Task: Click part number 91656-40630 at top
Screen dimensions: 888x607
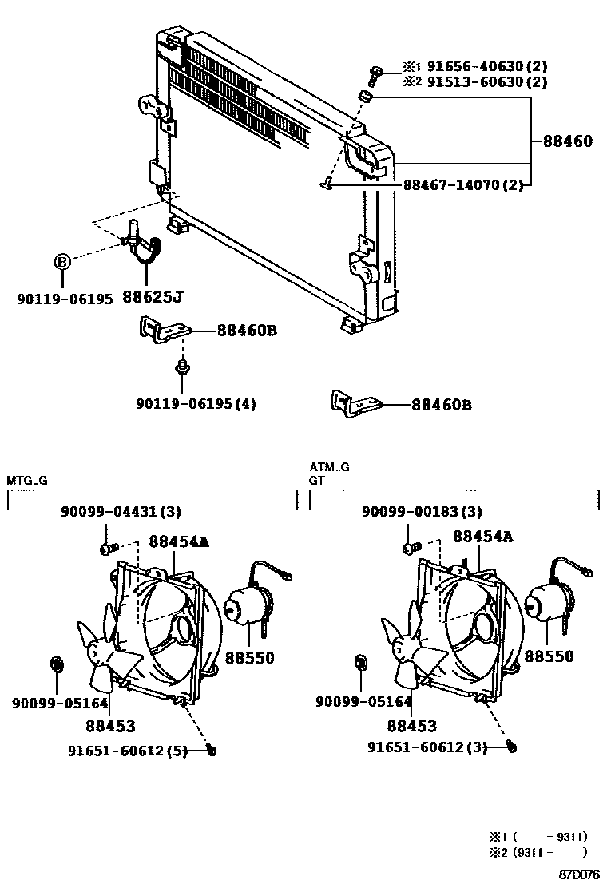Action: pyautogui.click(x=460, y=67)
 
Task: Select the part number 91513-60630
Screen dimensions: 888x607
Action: pyautogui.click(x=460, y=82)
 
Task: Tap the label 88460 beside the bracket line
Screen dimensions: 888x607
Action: pyautogui.click(x=568, y=141)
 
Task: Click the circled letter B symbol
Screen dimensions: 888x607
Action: pyautogui.click(x=62, y=261)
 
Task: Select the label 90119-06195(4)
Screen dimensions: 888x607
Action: pyautogui.click(x=196, y=404)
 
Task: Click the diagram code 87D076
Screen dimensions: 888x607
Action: pyautogui.click(x=580, y=876)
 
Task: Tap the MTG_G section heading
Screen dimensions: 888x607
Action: pyautogui.click(x=28, y=480)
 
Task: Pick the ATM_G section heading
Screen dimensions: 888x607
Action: pyautogui.click(x=330, y=467)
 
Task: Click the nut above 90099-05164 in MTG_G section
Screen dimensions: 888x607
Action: pyautogui.click(x=56, y=662)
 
